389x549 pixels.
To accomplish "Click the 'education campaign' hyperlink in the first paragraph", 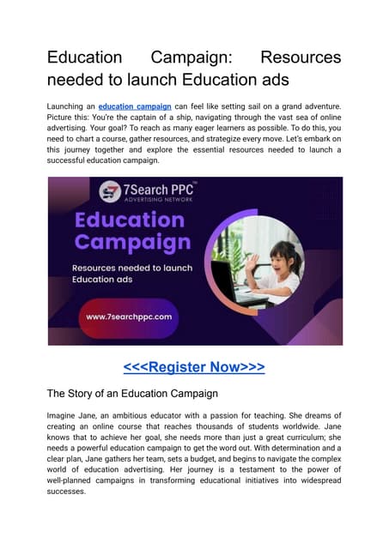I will pos(136,106).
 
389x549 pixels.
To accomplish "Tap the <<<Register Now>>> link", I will pos(194,368).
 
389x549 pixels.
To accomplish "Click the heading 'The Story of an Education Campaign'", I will pos(132,395).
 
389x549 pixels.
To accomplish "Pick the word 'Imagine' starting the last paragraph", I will pos(65,415).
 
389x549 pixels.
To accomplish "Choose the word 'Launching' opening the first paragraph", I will pos(70,106).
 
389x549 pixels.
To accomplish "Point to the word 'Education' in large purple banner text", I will pos(129,218).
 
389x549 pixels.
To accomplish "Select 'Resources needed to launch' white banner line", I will pos(131,268).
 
